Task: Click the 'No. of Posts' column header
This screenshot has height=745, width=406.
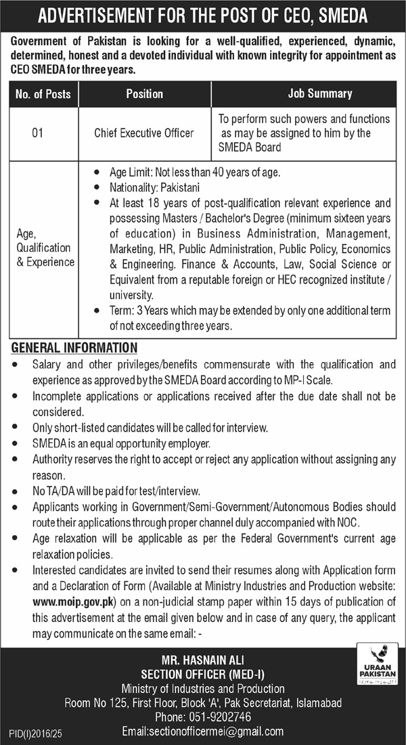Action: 43,94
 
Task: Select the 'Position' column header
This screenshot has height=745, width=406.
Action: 144,94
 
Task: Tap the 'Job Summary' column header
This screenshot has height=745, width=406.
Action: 310,94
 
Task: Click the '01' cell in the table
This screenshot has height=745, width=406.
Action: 38,133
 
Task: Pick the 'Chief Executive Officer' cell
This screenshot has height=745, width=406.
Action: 144,133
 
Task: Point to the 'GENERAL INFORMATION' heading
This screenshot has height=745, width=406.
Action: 74,348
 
